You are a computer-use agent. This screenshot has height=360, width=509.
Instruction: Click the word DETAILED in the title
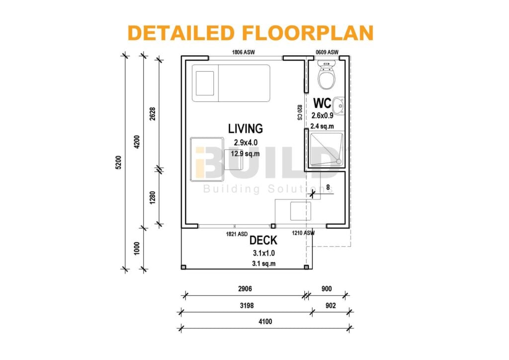[x=181, y=33]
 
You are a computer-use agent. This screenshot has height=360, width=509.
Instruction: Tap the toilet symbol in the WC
[x=326, y=75]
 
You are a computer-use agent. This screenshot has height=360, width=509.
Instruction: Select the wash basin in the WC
[x=339, y=106]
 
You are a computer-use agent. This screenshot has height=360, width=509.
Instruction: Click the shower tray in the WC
[x=326, y=149]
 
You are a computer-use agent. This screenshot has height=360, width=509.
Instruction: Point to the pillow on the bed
[x=205, y=83]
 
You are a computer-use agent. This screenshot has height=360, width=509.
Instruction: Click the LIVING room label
[x=246, y=129]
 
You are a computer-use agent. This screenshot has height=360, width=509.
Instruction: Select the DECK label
[x=263, y=241]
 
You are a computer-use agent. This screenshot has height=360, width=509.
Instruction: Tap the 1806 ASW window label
[x=243, y=52]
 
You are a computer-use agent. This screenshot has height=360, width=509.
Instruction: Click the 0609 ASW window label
[x=327, y=52]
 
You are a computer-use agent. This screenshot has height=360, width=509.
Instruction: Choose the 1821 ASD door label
[x=237, y=234]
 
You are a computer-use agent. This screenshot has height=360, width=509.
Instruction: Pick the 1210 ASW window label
[x=303, y=233]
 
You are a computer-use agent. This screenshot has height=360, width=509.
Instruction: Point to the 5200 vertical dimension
[x=118, y=162]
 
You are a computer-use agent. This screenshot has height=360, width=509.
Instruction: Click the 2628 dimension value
[x=153, y=113]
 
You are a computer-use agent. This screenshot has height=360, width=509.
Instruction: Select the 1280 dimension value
[x=153, y=198]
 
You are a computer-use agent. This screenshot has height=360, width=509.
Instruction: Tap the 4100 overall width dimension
[x=265, y=321]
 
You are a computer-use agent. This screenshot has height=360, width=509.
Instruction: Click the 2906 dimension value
[x=245, y=288]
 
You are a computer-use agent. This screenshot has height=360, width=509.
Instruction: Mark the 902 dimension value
[x=331, y=305]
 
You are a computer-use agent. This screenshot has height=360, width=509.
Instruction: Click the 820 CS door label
[x=300, y=112]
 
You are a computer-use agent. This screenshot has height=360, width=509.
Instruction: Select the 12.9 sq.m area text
[x=245, y=153]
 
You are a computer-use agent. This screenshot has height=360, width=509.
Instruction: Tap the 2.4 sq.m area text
[x=322, y=126]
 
